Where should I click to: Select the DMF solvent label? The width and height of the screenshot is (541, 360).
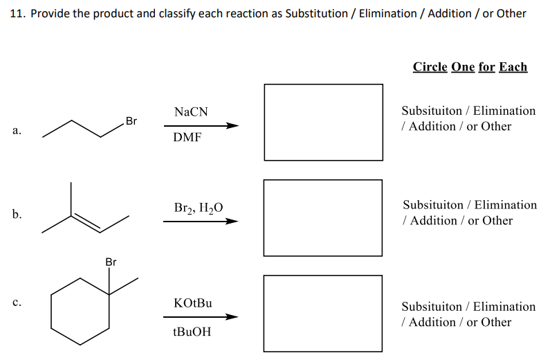187,137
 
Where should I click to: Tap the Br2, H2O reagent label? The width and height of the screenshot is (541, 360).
199,207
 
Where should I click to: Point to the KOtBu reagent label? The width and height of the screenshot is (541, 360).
193,303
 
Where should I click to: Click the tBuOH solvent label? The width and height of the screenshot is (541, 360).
192,332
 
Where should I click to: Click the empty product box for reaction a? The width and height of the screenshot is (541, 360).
323,122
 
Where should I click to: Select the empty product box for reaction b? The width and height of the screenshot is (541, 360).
323,217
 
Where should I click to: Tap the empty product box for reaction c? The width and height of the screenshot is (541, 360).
323,312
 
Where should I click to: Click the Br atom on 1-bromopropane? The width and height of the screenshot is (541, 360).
131,121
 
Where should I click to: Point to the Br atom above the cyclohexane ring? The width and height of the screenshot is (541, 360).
111,262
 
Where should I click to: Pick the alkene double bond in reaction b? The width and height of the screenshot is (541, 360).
88,222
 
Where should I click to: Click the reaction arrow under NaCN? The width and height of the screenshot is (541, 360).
201,126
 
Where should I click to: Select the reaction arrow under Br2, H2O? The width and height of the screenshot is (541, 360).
201,222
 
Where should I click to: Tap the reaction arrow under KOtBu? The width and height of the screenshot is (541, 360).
201,317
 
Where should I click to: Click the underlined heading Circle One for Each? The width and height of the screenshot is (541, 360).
470,67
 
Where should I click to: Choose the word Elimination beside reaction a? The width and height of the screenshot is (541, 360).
504,111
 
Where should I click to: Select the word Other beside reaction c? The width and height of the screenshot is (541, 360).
495,322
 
